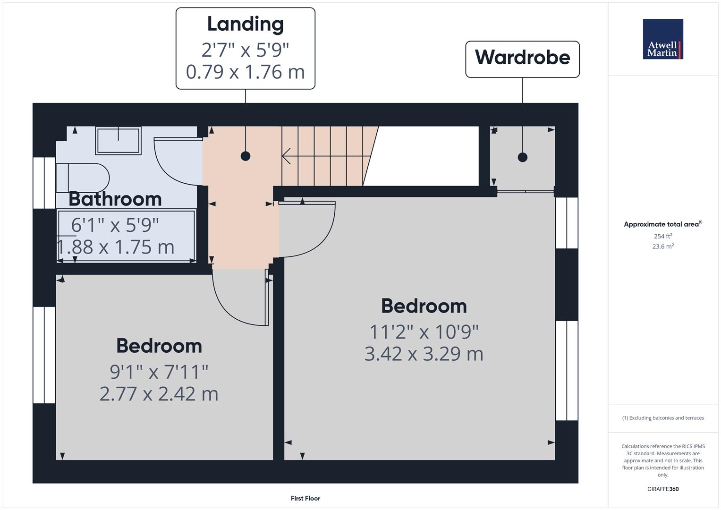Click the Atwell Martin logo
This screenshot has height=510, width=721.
pyautogui.click(x=662, y=39)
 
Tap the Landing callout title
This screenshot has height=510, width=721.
pyautogui.click(x=245, y=24)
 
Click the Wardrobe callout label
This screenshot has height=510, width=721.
pyautogui.click(x=522, y=58)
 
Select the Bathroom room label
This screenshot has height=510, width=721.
pyautogui.click(x=115, y=199)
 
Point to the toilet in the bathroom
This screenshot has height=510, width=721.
pyautogui.click(x=83, y=178)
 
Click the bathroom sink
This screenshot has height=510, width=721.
pyautogui.click(x=118, y=140)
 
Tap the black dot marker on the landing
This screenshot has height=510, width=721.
pyautogui.click(x=245, y=156)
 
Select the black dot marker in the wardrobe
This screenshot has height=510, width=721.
pyautogui.click(x=522, y=157)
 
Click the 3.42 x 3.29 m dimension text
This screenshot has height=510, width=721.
pyautogui.click(x=424, y=354)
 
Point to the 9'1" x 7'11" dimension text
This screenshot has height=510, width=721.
pyautogui.click(x=159, y=372)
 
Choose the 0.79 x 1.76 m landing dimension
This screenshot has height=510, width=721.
pyautogui.click(x=245, y=72)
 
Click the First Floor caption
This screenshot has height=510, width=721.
pyautogui.click(x=305, y=498)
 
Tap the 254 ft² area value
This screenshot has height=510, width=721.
pyautogui.click(x=663, y=236)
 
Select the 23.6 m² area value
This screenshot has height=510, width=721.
pyautogui.click(x=663, y=246)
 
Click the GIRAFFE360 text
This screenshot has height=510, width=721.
pyautogui.click(x=663, y=489)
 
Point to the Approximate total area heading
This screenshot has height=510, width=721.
pyautogui.click(x=662, y=224)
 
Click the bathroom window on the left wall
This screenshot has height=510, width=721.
pyautogui.click(x=44, y=183)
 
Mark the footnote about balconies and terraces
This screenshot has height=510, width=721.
pyautogui.click(x=663, y=418)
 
